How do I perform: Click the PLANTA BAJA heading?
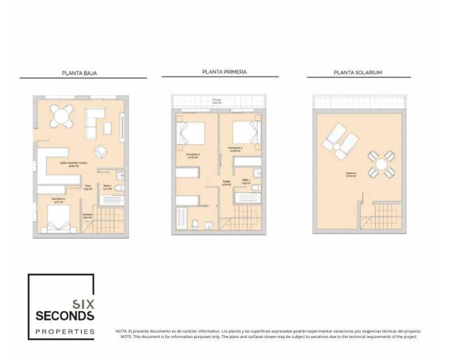click(x=83, y=73)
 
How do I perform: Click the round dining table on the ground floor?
click(x=60, y=116)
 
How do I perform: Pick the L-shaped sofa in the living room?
click(x=93, y=121)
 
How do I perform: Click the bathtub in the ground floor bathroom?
click(x=111, y=200)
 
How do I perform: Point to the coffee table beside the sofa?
click(x=107, y=128)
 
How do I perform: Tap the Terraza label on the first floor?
click(x=217, y=101)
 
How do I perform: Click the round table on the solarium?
click(x=381, y=164)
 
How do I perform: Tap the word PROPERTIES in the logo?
click(x=65, y=331)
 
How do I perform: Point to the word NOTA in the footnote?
click(x=122, y=331)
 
